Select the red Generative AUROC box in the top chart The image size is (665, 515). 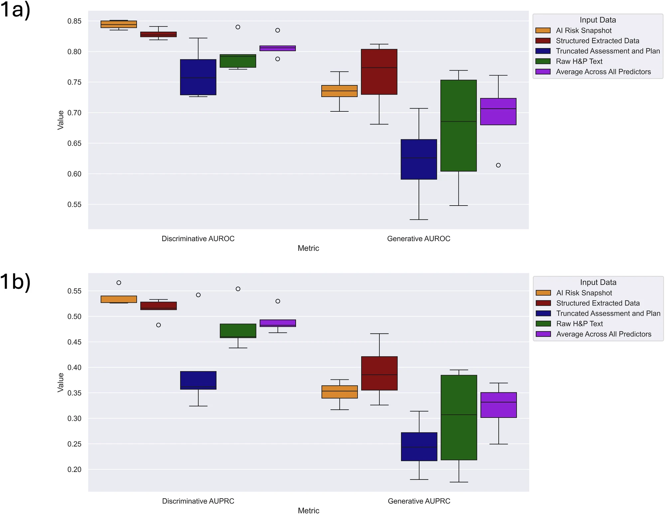(x=379, y=72)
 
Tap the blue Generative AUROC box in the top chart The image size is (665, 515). (x=419, y=159)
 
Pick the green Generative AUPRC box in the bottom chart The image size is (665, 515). (x=459, y=418)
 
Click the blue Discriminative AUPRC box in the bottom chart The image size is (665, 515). (x=198, y=380)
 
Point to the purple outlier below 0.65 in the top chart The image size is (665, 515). (x=498, y=165)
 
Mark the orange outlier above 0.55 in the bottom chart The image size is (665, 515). (x=119, y=283)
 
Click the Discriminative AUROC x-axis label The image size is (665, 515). (x=198, y=239)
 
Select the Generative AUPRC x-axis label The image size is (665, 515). (x=419, y=501)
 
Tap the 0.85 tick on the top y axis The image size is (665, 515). (x=74, y=21)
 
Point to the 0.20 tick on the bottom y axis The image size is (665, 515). (x=74, y=469)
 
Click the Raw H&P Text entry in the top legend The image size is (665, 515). (x=579, y=62)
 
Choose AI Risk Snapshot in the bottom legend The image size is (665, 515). (x=584, y=293)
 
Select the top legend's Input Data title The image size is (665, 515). (x=598, y=20)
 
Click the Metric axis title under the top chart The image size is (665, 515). (x=308, y=248)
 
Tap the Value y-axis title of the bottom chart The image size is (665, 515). (x=61, y=382)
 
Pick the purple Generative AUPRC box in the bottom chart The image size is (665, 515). (x=498, y=405)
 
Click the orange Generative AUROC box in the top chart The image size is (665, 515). (x=339, y=91)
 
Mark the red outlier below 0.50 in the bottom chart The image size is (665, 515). (x=159, y=325)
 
